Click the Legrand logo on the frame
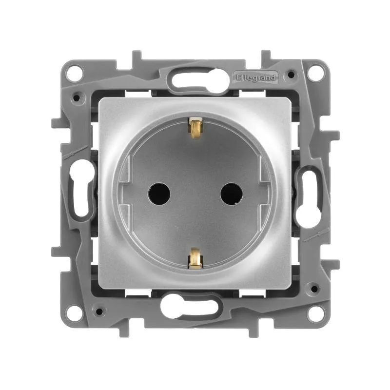click(x=255, y=78)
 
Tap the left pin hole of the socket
click(x=159, y=194)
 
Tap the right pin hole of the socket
click(x=232, y=194)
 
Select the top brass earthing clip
click(x=195, y=128)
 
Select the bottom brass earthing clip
click(x=195, y=259)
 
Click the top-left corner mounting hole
click(x=74, y=73)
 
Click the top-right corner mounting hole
click(x=315, y=73)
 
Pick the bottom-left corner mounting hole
click(x=74, y=313)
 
